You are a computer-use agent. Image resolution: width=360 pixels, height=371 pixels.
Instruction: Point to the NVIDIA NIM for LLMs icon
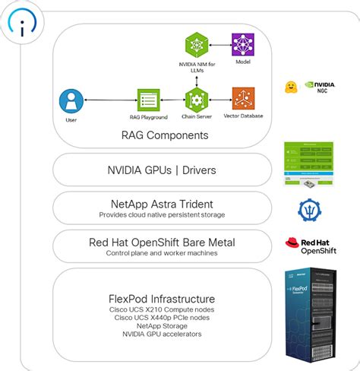(x=196, y=44)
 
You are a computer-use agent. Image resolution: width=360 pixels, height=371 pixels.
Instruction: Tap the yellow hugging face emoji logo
(x=289, y=87)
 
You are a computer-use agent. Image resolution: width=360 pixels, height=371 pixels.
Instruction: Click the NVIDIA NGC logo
(x=320, y=87)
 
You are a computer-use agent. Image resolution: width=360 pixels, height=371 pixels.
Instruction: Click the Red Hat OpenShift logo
(x=309, y=246)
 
